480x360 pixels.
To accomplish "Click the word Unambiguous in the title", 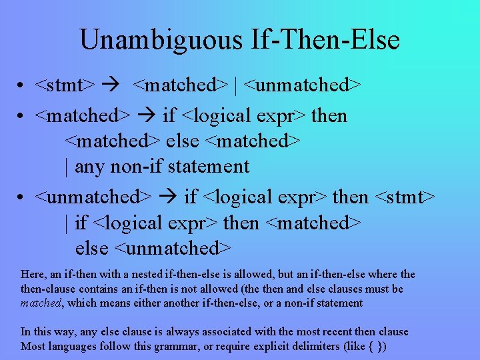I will tap(161, 40).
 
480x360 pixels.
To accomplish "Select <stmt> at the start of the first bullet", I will tap(64, 85).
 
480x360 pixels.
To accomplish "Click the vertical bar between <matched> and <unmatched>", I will tap(237, 85).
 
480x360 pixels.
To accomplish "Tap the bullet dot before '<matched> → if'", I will tap(22, 117).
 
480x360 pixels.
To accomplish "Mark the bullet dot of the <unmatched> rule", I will tap(22, 198).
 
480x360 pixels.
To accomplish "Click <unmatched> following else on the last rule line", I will tap(173, 248).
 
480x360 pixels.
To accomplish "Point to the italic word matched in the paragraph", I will tap(41, 303).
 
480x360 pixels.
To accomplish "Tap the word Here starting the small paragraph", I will tap(33, 275).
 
